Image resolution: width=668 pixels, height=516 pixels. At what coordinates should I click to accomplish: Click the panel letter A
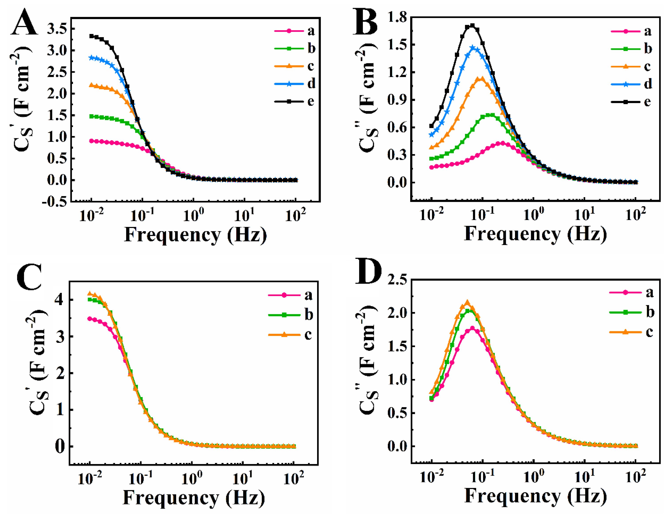pos(24,23)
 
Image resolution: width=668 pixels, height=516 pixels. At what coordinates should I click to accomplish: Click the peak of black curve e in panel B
pos(472,25)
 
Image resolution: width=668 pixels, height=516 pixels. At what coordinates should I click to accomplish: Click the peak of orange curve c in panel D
pos(467,302)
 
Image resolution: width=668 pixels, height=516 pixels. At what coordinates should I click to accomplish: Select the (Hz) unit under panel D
pos(587,496)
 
